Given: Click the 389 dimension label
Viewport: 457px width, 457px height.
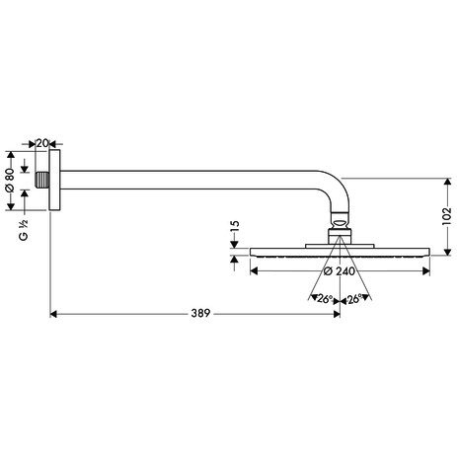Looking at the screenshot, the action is tap(200, 313).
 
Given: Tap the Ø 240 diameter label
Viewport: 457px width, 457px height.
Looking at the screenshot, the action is tap(340, 271).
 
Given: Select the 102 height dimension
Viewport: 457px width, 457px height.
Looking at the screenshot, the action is tap(447, 216).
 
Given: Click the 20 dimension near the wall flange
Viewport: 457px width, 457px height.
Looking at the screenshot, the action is tap(42, 143).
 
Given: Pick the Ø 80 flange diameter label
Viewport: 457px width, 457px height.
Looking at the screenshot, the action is tap(10, 180).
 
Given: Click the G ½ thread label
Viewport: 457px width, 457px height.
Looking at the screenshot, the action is tap(24, 230).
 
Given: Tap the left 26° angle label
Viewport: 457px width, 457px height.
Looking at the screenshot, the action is tap(324, 299).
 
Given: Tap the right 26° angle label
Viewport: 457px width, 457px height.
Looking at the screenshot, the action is tap(354, 299).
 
